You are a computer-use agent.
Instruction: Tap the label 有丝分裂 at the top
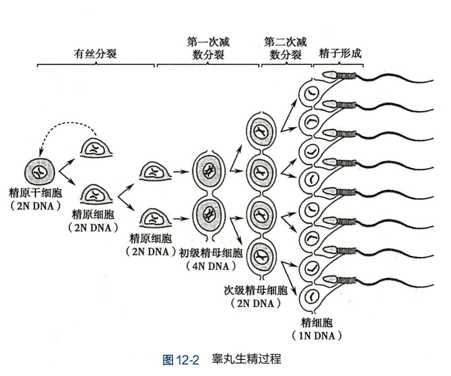tap(95, 54)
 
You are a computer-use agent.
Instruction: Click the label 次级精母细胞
tap(255, 290)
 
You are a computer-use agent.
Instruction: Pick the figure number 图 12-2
tap(180, 360)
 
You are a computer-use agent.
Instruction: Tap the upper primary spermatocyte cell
tap(208, 170)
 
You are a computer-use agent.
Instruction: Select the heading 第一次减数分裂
tap(208, 49)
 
